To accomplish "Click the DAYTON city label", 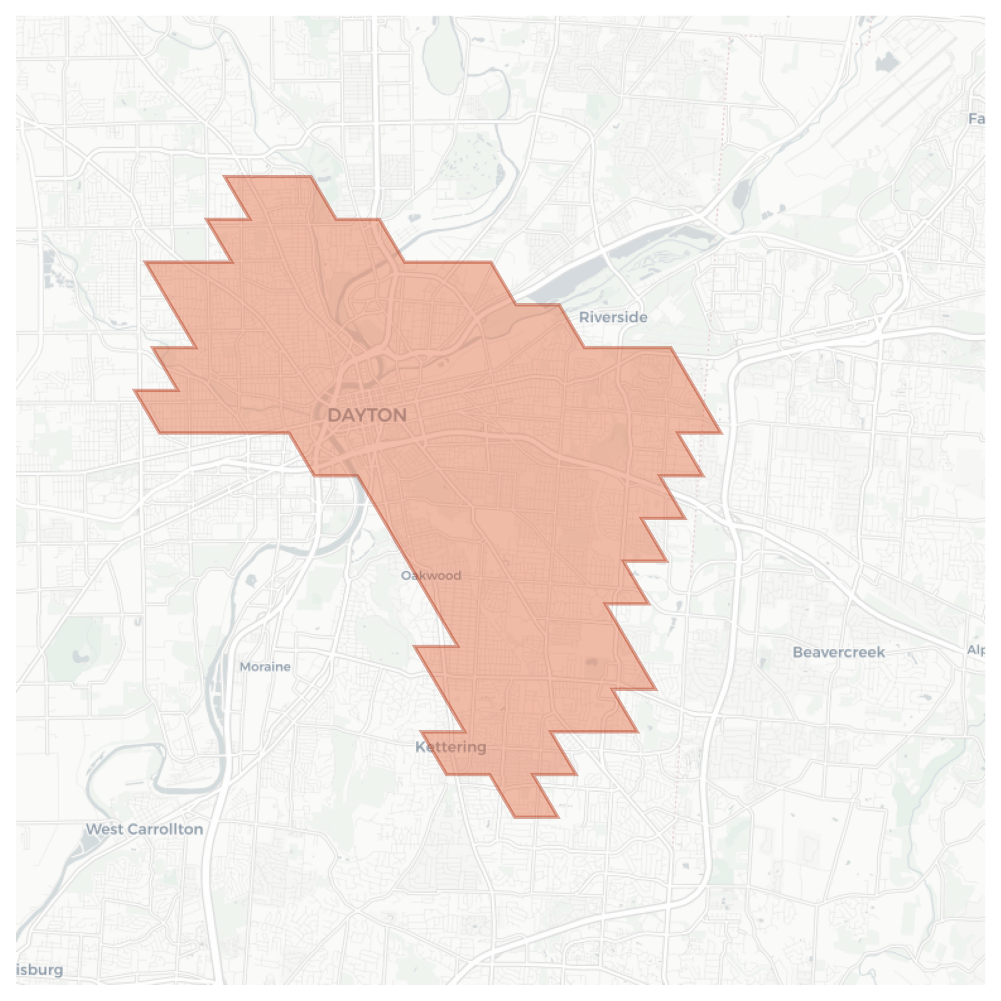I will [x=367, y=415].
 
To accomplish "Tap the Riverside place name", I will [x=613, y=317].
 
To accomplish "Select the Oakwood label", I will [x=431, y=576].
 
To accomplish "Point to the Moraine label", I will [x=265, y=667].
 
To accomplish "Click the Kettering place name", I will [x=451, y=747].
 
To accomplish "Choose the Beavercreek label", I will [x=838, y=652].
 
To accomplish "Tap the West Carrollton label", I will [x=144, y=829].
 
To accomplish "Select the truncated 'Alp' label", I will [x=976, y=650].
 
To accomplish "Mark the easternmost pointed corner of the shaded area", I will [x=721, y=432].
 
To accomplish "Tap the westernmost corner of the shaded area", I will [x=134, y=390].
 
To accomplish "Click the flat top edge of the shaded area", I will [x=268, y=176].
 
